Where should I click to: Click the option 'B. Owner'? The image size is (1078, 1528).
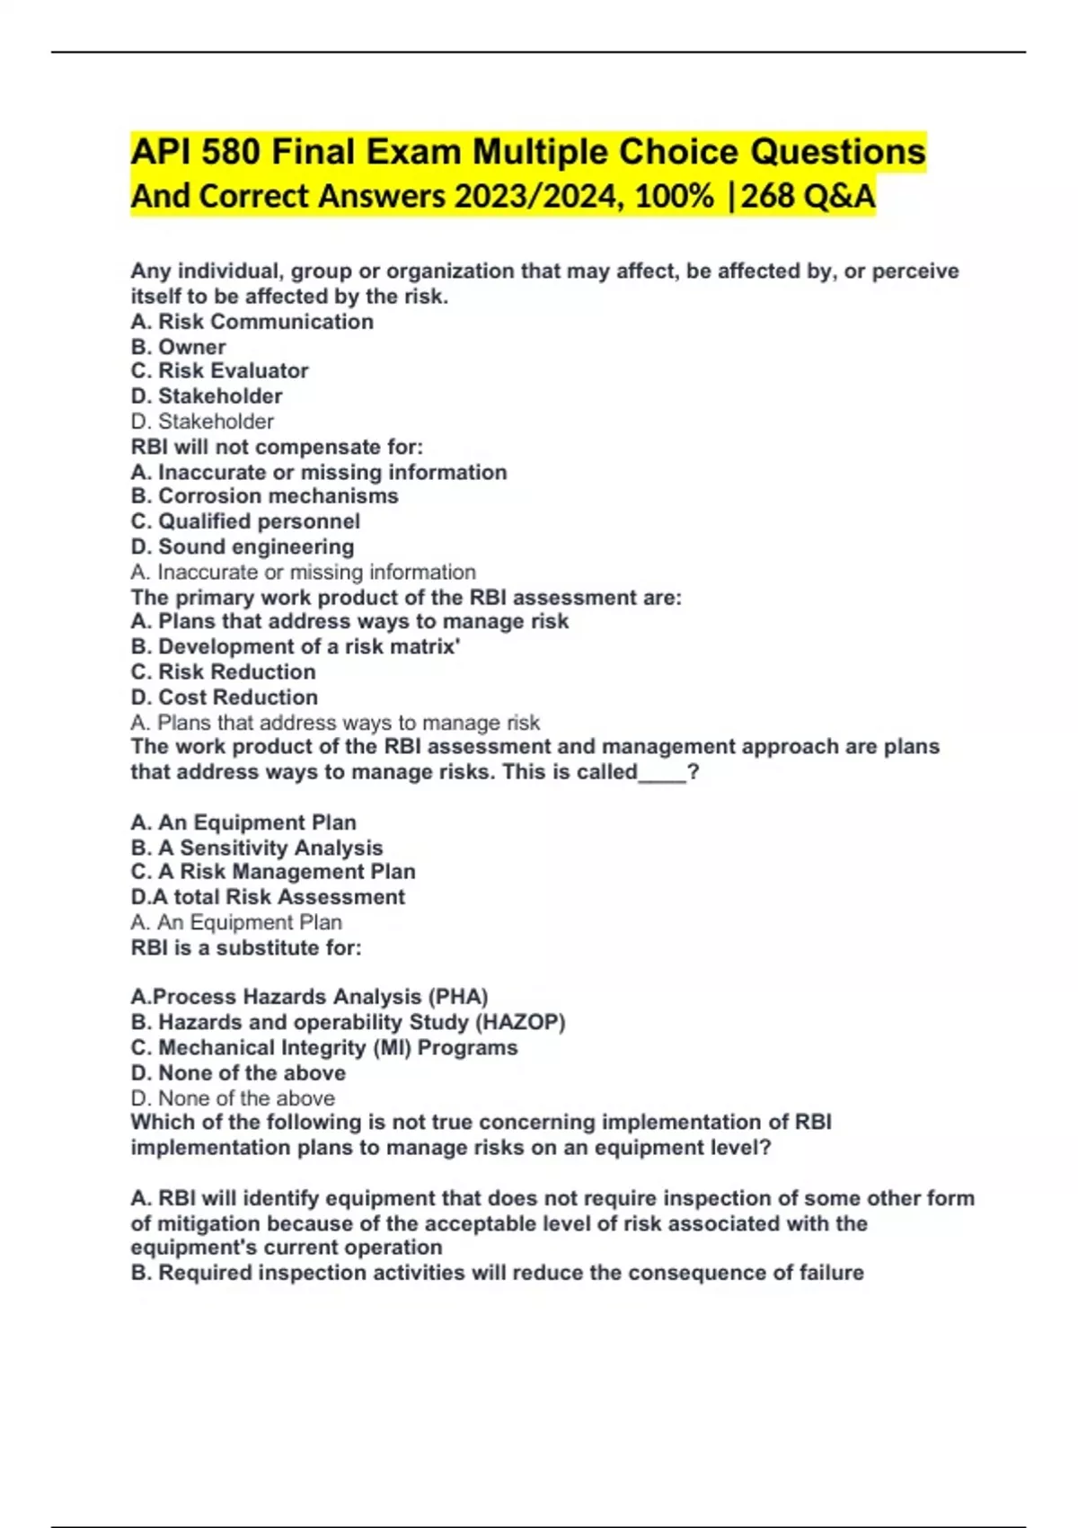tap(178, 346)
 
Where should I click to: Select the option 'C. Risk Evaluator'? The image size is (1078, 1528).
tap(219, 370)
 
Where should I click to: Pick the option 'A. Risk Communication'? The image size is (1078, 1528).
tap(252, 321)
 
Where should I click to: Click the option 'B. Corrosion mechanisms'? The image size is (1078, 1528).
tap(264, 495)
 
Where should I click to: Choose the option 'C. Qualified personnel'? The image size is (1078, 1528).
tap(245, 520)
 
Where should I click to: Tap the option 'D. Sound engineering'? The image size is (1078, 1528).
tap(243, 546)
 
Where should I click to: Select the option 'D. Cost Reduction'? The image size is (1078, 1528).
tap(224, 697)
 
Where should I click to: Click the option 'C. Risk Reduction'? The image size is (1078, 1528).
tap(223, 671)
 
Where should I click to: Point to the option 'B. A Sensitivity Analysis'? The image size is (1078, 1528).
tap(257, 848)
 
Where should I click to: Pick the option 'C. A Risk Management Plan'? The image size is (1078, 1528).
tap(273, 871)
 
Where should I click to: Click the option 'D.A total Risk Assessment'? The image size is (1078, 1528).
tap(268, 896)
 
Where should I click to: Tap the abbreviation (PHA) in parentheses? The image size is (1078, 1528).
tap(457, 996)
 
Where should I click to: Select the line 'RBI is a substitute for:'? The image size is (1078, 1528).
tap(246, 947)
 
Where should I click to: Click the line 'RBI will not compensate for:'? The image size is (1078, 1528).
tap(277, 447)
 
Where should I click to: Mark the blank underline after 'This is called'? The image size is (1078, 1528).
tap(662, 773)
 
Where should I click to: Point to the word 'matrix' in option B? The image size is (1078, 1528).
tap(424, 646)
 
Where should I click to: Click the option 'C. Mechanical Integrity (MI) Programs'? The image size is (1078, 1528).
tap(324, 1047)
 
